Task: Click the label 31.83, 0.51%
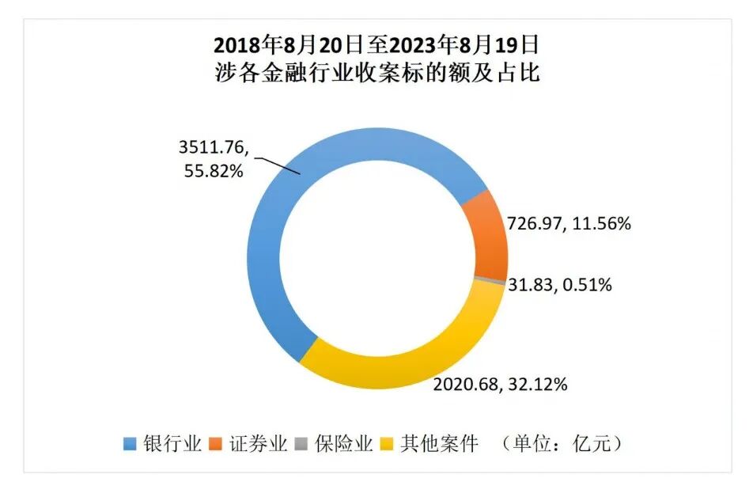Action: click(561, 285)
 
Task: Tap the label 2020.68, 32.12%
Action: click(500, 385)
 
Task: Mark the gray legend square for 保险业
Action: click(301, 443)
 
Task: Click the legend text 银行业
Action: click(172, 443)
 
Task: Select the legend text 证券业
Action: click(257, 443)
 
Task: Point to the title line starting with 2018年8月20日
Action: click(376, 42)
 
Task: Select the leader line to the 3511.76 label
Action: click(279, 165)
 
